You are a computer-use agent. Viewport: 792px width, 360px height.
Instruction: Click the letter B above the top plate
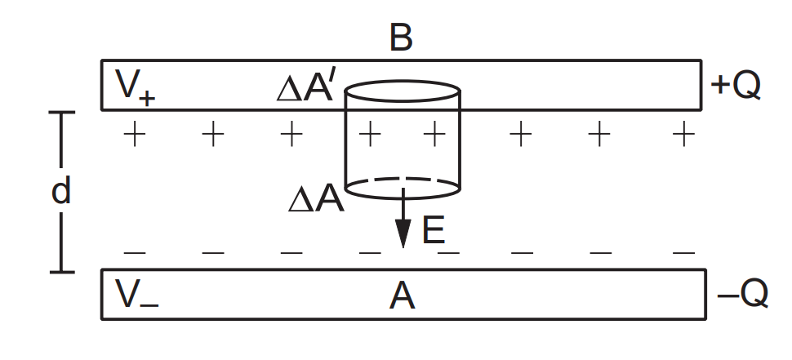(401, 38)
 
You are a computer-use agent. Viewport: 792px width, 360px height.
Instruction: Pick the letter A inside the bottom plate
(402, 296)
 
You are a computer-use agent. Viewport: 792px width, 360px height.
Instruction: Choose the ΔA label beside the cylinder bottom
(316, 199)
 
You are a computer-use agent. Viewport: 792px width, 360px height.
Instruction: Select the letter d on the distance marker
(61, 192)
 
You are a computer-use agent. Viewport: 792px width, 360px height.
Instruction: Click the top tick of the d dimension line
(61, 113)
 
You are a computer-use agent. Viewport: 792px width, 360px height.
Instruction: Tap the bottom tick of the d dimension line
(61, 271)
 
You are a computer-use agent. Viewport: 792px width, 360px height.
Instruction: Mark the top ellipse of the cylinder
(403, 91)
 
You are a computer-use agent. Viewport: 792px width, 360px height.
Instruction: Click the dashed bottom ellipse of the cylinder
(403, 188)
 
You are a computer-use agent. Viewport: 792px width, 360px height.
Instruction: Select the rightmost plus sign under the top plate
(683, 133)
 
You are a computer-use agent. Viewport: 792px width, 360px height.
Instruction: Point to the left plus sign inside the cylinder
(371, 133)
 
